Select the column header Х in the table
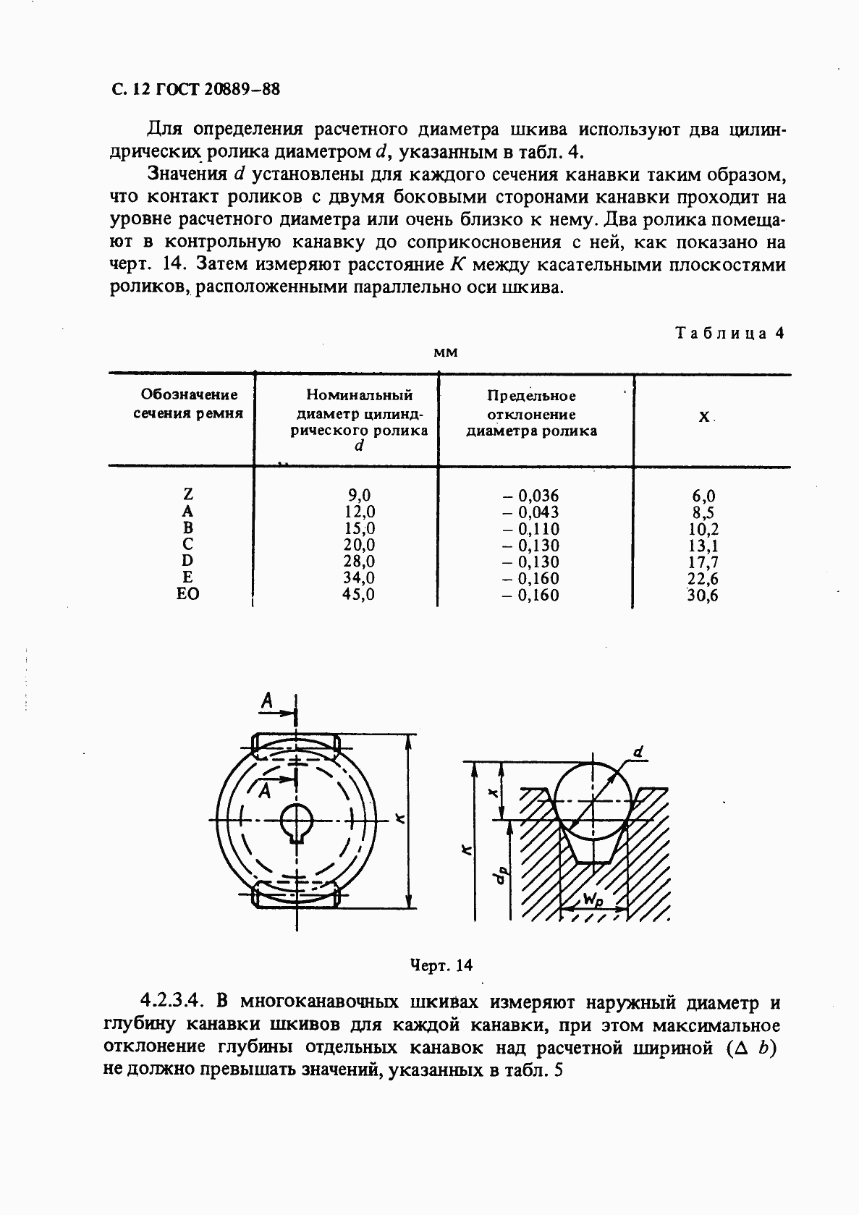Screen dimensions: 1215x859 703,418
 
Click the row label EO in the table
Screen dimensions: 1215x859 187,594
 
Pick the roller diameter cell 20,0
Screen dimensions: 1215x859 359,545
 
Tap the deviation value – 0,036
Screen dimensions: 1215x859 532,496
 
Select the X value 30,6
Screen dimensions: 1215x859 702,596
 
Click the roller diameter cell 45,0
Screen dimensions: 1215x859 359,594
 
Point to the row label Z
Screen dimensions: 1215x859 187,495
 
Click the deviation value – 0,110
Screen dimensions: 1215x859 532,529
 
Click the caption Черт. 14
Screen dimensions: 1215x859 441,965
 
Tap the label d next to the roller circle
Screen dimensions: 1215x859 638,753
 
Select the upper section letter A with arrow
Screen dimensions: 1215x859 267,700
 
